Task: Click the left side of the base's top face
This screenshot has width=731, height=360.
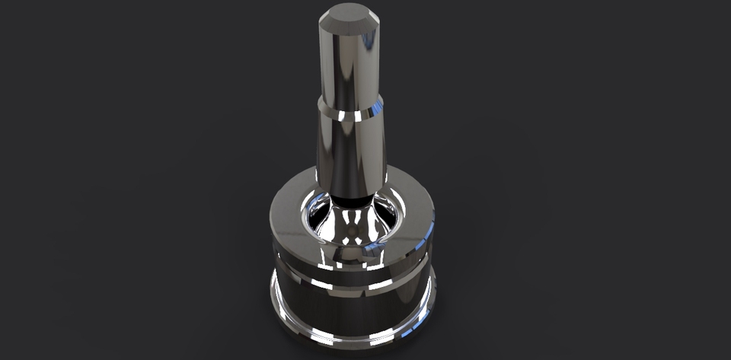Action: click(286, 209)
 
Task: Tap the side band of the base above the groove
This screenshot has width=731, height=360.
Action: click(305, 255)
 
